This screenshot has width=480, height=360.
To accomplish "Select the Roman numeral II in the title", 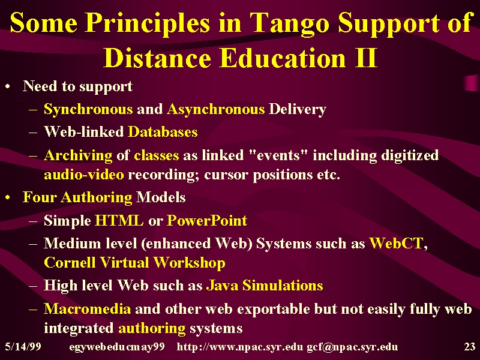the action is (x=366, y=58).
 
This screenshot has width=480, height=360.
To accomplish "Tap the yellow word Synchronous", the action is (x=88, y=109).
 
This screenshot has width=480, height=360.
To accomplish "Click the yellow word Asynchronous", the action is (x=216, y=109).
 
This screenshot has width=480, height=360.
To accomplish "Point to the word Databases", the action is (x=163, y=132).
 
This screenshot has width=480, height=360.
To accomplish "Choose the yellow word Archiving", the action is (x=78, y=155).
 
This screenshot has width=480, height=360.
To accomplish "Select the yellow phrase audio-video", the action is (x=84, y=175).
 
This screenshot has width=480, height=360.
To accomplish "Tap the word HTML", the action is (x=119, y=220).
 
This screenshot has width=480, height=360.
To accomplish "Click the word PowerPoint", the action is (x=207, y=220).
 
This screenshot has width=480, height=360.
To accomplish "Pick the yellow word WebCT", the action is (x=397, y=244).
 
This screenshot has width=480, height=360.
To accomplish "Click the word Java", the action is (x=222, y=286).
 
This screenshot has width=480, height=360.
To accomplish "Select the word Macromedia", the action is (x=87, y=308).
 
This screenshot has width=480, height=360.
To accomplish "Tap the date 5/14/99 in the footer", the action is (x=23, y=347).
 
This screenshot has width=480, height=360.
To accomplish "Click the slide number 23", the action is (x=470, y=347).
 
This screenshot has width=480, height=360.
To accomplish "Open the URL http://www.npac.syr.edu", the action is (x=240, y=347).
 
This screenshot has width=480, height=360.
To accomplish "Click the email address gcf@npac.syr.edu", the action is (x=352, y=347).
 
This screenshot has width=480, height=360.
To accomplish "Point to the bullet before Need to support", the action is (x=8, y=86).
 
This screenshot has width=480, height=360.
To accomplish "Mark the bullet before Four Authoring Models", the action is (x=8, y=198).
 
